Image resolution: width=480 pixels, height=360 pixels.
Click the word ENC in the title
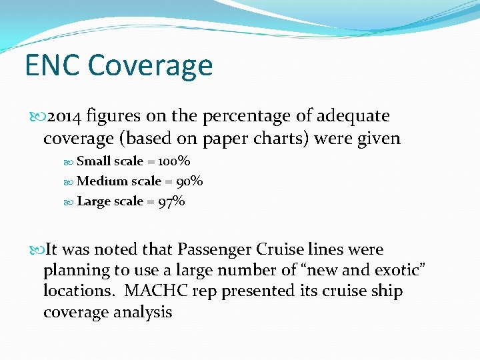52,65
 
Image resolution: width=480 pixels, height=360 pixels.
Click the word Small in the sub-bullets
93,161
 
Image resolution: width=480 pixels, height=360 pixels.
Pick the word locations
73,291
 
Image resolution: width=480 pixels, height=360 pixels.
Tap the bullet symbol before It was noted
37,251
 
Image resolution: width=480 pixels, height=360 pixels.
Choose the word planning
71,271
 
